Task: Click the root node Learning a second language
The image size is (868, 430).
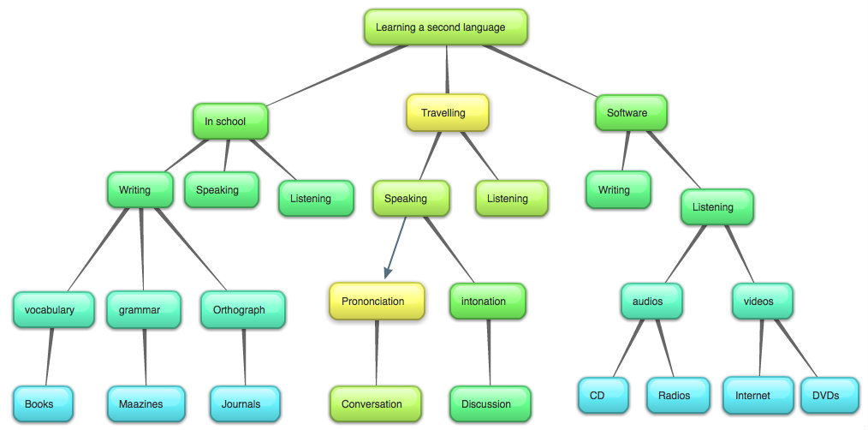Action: point(445,27)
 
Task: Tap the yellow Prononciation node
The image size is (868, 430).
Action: point(377,302)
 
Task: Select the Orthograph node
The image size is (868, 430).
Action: point(242,310)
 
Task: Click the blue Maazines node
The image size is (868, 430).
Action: point(146,404)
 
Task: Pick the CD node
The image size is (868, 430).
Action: point(603,396)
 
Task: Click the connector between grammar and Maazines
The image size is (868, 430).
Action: point(145,357)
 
